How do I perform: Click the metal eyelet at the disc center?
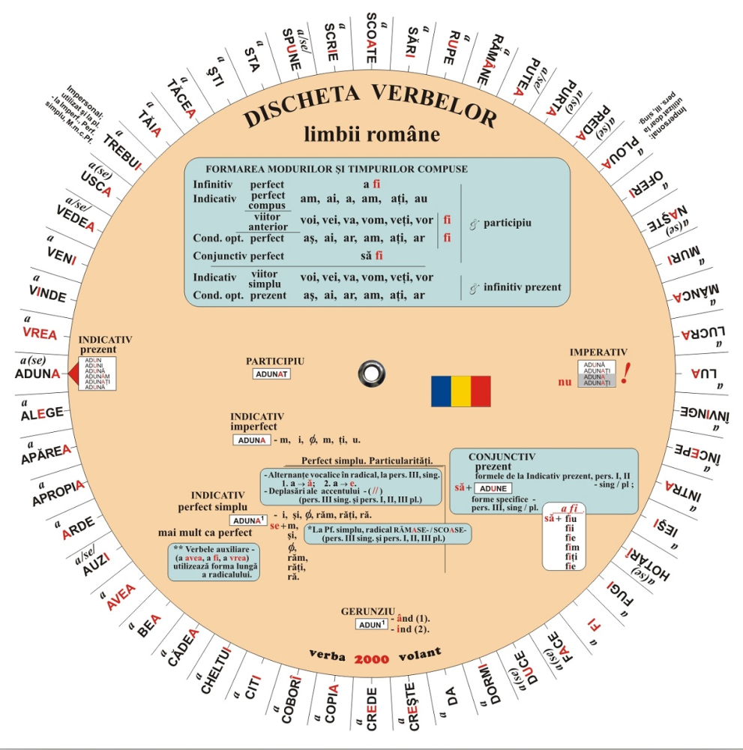point(371,372)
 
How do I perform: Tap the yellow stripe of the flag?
point(460,391)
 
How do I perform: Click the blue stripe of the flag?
point(441,391)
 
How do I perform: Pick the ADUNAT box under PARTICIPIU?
point(271,373)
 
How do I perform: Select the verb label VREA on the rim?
point(40,332)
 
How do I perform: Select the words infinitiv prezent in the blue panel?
point(522,287)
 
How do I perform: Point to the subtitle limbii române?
point(371,134)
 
